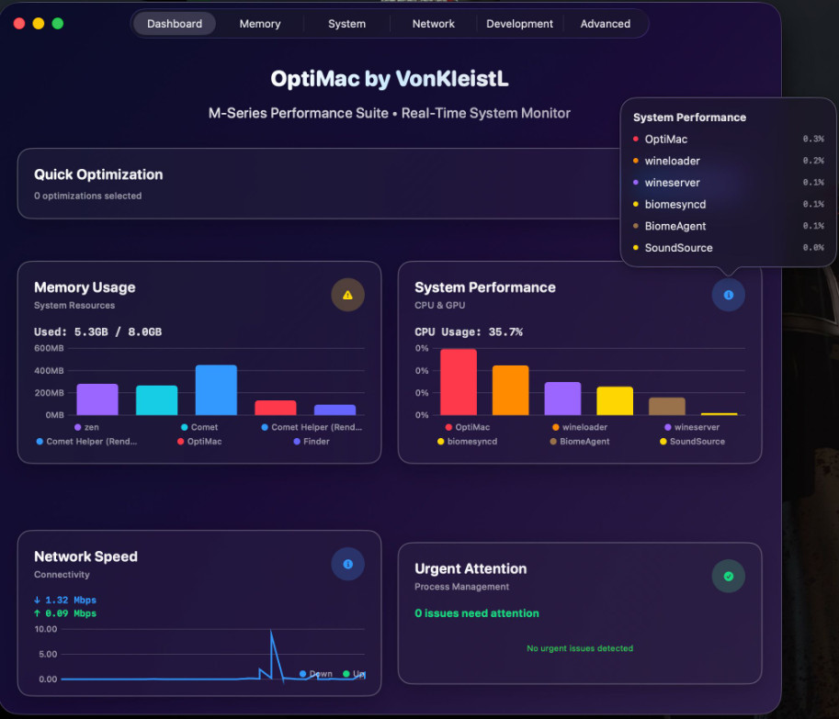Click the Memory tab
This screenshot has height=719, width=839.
260,24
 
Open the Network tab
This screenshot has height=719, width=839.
433,24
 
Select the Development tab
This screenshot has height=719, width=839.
519,24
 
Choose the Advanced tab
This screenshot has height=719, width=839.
605,24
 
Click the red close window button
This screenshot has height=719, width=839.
19,24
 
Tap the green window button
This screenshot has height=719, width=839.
58,24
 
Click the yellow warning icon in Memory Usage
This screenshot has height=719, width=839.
347,295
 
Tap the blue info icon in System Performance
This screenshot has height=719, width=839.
728,295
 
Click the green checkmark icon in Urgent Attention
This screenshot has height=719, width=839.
728,577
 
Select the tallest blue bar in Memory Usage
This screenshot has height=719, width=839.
216,389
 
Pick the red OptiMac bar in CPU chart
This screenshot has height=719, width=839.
459,382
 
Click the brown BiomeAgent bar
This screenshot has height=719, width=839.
667,406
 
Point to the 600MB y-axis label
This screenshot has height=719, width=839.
49,349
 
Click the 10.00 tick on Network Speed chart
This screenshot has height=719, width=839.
46,629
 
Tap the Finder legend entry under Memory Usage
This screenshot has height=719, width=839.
315,442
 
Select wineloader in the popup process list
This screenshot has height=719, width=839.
672,161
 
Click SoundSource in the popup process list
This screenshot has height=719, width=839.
678,248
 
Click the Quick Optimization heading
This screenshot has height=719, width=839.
98,174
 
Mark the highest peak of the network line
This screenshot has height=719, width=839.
271,632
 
